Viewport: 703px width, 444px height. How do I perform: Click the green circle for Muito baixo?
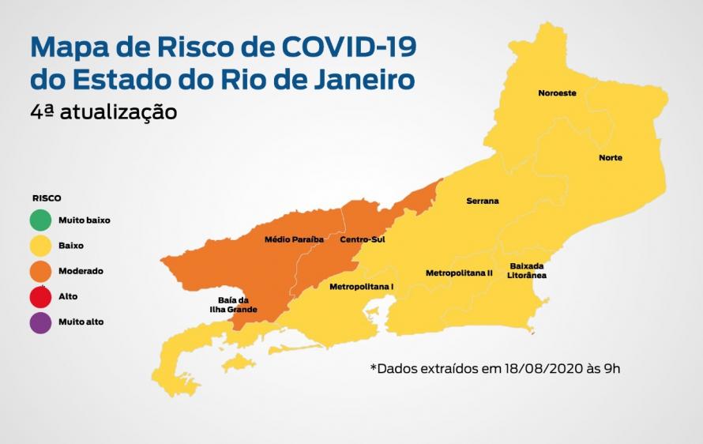[42, 220]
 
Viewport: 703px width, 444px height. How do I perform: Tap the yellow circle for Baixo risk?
[42, 246]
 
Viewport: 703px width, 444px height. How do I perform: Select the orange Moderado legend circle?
[42, 271]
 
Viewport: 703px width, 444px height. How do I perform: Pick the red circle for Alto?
[42, 296]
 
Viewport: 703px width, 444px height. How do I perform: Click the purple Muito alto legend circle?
[42, 322]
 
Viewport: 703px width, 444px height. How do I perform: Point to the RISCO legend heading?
[47, 198]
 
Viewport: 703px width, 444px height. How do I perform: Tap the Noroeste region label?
[557, 93]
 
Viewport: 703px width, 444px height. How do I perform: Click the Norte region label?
[610, 158]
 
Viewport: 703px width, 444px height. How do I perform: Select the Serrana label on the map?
[482, 201]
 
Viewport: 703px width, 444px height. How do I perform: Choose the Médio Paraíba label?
[294, 239]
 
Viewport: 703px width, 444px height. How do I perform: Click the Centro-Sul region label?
[362, 239]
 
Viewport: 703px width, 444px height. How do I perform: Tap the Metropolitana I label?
[361, 285]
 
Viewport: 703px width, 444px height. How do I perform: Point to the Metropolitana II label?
[459, 273]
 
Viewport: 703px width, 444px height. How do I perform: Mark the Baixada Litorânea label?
[528, 271]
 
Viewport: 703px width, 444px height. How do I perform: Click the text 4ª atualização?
[103, 112]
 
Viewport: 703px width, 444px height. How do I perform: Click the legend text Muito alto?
[81, 322]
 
